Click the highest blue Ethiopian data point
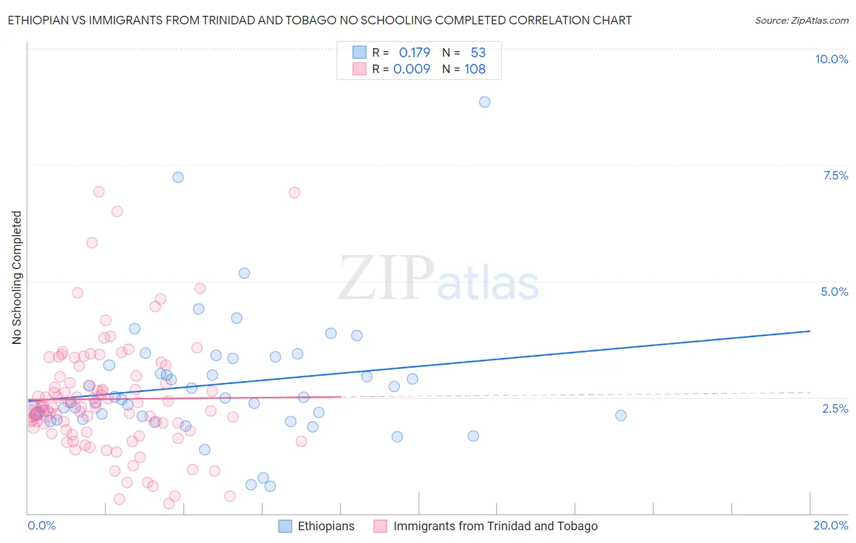485,102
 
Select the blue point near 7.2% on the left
178,177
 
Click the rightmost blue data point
621,415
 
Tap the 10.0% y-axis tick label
831,59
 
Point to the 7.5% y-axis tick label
835,175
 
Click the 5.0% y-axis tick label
834,292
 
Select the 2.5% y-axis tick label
835,408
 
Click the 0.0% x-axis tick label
41,525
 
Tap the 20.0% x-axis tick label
830,525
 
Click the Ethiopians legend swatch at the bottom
285,526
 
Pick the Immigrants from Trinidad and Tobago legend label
496,526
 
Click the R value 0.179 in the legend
415,52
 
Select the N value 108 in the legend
475,69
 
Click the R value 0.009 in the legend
412,69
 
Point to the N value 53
478,52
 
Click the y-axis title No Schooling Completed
16,278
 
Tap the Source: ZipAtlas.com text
801,20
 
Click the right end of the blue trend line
810,331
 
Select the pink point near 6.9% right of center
294,192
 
